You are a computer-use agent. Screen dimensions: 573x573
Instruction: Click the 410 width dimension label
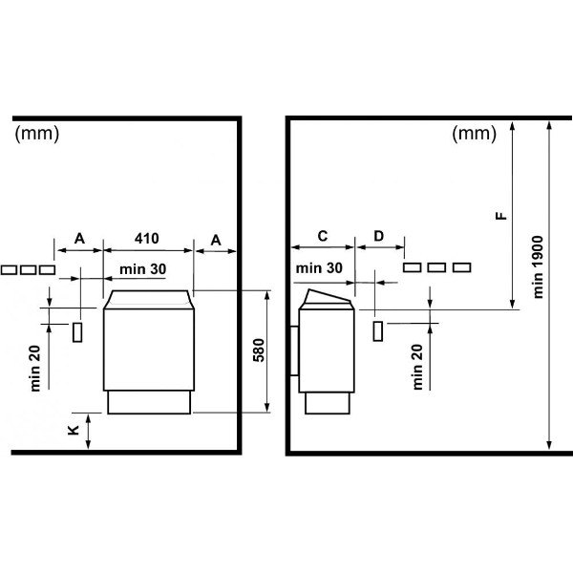tap(146, 238)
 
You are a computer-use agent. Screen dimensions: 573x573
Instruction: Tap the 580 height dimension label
tap(259, 350)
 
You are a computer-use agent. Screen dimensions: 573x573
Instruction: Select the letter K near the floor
tap(74, 430)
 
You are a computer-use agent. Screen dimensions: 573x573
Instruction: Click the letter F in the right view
tap(501, 216)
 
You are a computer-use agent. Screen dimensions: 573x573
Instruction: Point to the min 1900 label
tap(539, 267)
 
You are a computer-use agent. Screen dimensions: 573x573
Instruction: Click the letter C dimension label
tap(323, 236)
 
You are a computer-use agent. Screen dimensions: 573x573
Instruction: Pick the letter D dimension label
tap(378, 236)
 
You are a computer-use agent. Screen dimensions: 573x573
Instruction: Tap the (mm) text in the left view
tap(37, 134)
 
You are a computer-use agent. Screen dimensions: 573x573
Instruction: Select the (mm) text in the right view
tap(474, 134)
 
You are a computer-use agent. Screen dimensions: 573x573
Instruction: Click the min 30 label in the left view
tap(143, 269)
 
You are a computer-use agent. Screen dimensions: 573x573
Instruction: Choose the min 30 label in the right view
tap(319, 268)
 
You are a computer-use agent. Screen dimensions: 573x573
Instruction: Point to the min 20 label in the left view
tap(35, 369)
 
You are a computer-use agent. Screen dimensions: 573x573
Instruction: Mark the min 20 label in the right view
tap(417, 367)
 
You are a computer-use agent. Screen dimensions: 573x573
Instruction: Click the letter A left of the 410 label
tap(79, 239)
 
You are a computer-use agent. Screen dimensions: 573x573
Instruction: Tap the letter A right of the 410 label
tap(216, 241)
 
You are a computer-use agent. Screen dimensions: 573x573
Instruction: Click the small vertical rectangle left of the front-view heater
tap(77, 332)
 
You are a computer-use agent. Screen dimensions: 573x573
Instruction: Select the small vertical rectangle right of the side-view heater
tap(378, 331)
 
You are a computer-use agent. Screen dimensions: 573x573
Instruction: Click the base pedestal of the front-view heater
tap(149, 402)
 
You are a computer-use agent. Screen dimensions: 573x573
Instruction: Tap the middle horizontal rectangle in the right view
tap(436, 267)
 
